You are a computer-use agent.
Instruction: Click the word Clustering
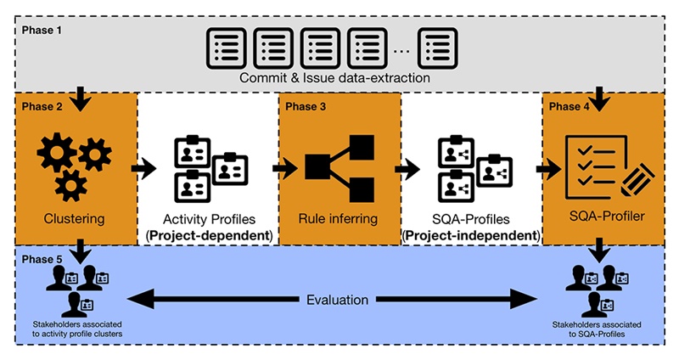(x=75, y=219)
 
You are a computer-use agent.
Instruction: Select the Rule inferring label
(x=339, y=219)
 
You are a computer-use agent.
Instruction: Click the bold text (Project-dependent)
(x=208, y=234)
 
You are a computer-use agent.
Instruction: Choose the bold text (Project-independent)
(x=472, y=234)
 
